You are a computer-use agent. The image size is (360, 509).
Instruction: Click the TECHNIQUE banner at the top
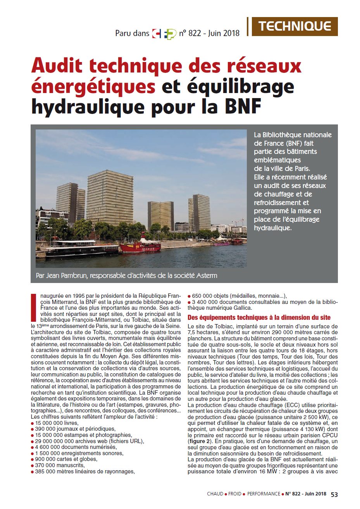(x=295, y=26)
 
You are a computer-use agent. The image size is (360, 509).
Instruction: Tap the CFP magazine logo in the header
(x=164, y=34)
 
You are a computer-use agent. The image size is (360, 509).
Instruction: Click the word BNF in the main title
(x=243, y=106)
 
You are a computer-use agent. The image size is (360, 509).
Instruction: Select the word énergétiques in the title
(x=93, y=86)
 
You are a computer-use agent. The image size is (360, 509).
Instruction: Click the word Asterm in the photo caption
(x=206, y=276)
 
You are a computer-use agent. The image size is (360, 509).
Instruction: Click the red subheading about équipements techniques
(x=259, y=317)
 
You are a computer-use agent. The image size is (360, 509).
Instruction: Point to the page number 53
(x=334, y=494)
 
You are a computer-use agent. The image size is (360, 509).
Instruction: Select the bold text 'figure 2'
(x=200, y=441)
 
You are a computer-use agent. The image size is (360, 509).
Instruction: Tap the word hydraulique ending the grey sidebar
(x=272, y=228)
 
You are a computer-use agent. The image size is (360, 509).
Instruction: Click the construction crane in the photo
(x=237, y=221)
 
